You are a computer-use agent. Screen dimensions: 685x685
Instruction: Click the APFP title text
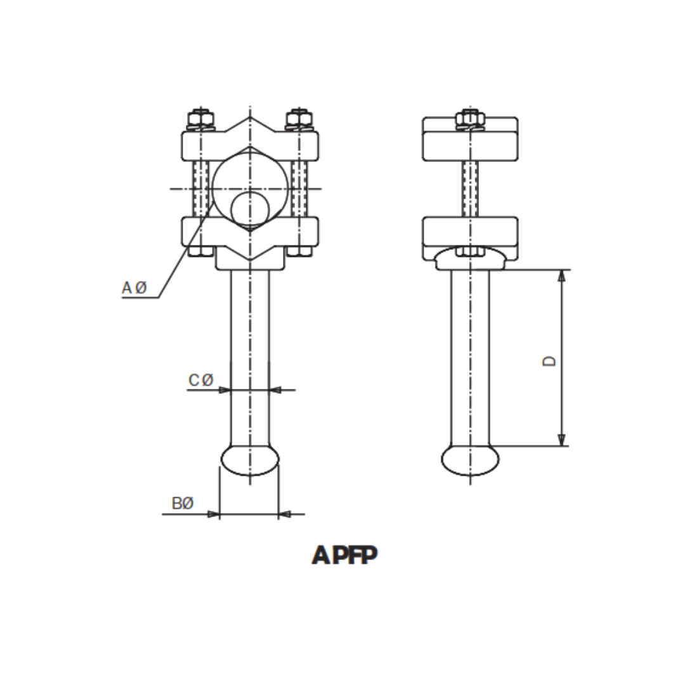(x=344, y=555)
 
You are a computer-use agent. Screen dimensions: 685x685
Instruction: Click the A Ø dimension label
(x=134, y=288)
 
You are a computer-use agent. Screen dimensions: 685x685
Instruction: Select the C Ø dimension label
(x=200, y=380)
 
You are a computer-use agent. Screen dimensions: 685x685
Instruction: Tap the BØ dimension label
(x=183, y=504)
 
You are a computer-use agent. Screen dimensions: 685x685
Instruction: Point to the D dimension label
(x=550, y=360)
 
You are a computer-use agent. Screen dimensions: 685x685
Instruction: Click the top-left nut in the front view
(x=200, y=119)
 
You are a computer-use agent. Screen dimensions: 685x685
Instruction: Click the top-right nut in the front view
(x=299, y=119)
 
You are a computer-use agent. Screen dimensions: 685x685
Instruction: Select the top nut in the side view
(x=470, y=119)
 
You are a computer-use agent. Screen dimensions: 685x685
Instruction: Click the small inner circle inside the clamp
(x=249, y=209)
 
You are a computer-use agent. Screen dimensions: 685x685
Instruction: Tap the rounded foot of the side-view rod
(x=470, y=460)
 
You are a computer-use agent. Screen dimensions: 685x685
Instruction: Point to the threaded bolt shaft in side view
(x=470, y=188)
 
